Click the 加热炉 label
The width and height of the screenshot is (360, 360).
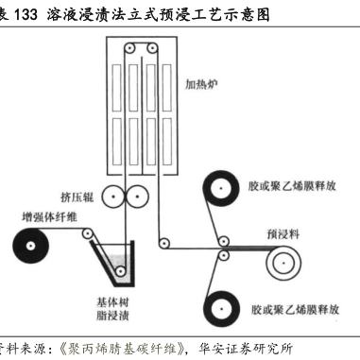(x=201, y=84)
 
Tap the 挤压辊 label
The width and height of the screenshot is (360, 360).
(x=77, y=197)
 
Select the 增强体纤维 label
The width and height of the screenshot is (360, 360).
(x=49, y=217)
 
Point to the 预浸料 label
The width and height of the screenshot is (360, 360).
(x=283, y=234)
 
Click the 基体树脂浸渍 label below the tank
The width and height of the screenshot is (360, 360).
(x=112, y=309)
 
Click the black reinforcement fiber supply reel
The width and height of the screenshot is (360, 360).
(x=30, y=246)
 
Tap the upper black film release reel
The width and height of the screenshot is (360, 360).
(x=221, y=188)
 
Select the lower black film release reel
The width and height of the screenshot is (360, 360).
(x=221, y=309)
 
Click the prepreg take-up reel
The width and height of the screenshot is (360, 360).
(x=283, y=263)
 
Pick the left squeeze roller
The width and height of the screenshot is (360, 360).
(x=113, y=197)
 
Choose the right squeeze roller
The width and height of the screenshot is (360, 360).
(x=137, y=197)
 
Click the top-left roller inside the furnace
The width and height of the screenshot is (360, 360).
(x=129, y=48)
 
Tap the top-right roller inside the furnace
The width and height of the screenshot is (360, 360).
(x=152, y=48)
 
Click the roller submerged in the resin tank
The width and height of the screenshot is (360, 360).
(x=120, y=271)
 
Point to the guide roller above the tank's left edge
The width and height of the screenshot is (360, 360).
(x=87, y=233)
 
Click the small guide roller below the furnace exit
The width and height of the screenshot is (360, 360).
(x=163, y=243)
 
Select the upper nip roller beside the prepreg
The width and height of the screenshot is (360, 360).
(x=223, y=242)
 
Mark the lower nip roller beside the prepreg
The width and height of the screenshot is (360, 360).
(x=223, y=255)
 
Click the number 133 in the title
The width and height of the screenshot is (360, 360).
(x=26, y=15)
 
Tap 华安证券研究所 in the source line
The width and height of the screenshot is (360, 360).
(x=246, y=349)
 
